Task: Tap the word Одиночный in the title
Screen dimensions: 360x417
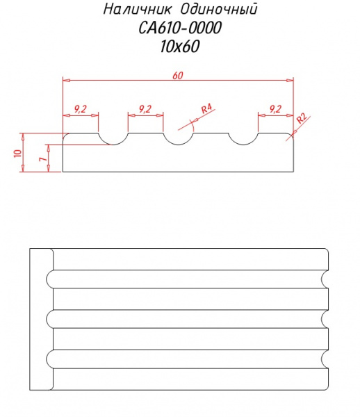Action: click(x=219, y=9)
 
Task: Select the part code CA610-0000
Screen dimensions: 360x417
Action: click(x=180, y=28)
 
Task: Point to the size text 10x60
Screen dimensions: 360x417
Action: click(x=180, y=47)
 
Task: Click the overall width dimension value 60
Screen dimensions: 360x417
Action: click(x=178, y=76)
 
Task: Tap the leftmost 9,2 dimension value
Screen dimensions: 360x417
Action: click(x=81, y=109)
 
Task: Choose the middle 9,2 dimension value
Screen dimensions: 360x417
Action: click(x=145, y=109)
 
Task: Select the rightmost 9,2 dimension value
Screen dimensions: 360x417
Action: click(x=275, y=109)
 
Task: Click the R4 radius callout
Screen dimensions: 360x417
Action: click(x=206, y=108)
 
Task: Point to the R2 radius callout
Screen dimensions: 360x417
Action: click(x=302, y=118)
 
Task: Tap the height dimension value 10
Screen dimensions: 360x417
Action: click(x=18, y=153)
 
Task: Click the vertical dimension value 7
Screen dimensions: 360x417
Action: click(x=43, y=158)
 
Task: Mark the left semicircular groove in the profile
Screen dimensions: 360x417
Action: click(x=113, y=144)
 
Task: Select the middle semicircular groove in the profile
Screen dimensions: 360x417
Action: click(x=178, y=144)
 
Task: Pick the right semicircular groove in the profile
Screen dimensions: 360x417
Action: click(x=243, y=144)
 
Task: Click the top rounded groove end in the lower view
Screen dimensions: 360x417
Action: click(x=47, y=279)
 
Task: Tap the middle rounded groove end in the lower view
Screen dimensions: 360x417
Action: click(x=47, y=319)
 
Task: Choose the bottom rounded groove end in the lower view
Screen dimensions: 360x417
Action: click(x=47, y=359)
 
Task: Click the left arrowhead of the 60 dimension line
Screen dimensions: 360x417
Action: click(x=66, y=80)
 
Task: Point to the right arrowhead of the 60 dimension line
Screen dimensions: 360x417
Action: click(x=290, y=80)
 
